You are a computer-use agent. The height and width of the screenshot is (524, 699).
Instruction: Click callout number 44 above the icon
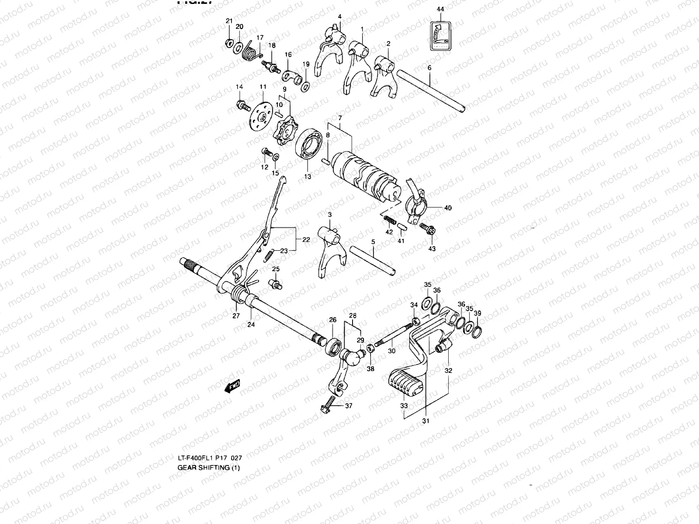(440, 9)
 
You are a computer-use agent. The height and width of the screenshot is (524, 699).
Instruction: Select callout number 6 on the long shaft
(429, 68)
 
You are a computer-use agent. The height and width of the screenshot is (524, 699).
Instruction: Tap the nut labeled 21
(228, 43)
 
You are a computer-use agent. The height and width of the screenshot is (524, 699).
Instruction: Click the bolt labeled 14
(242, 105)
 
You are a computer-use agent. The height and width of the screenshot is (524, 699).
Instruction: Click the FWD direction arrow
(232, 386)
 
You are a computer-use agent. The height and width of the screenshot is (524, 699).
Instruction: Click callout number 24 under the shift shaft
(251, 324)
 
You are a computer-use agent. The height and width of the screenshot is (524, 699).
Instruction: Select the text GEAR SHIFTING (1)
(209, 468)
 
